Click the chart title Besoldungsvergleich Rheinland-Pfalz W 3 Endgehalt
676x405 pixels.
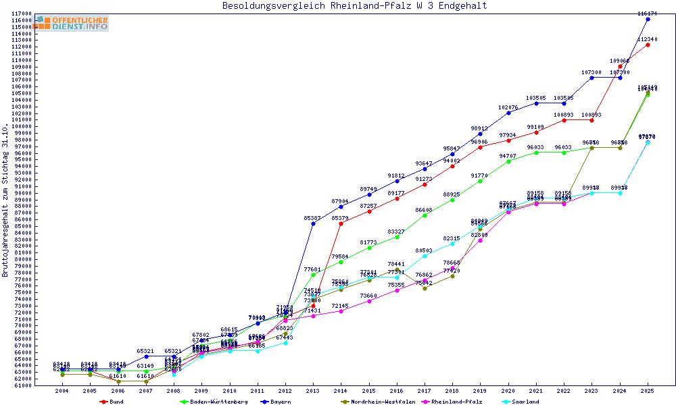click(354, 6)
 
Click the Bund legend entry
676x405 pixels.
click(116, 402)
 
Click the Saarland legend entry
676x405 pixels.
click(525, 402)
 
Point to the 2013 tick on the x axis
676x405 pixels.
click(312, 391)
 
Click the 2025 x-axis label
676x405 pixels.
click(648, 391)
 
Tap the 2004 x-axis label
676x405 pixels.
click(62, 391)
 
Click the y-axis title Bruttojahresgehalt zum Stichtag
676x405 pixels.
click(6, 200)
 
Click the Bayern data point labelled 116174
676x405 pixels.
click(648, 20)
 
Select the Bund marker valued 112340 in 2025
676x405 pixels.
click(648, 45)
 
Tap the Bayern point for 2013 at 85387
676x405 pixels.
click(312, 223)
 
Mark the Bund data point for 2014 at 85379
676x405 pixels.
click(341, 223)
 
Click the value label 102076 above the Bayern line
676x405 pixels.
click(508, 108)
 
